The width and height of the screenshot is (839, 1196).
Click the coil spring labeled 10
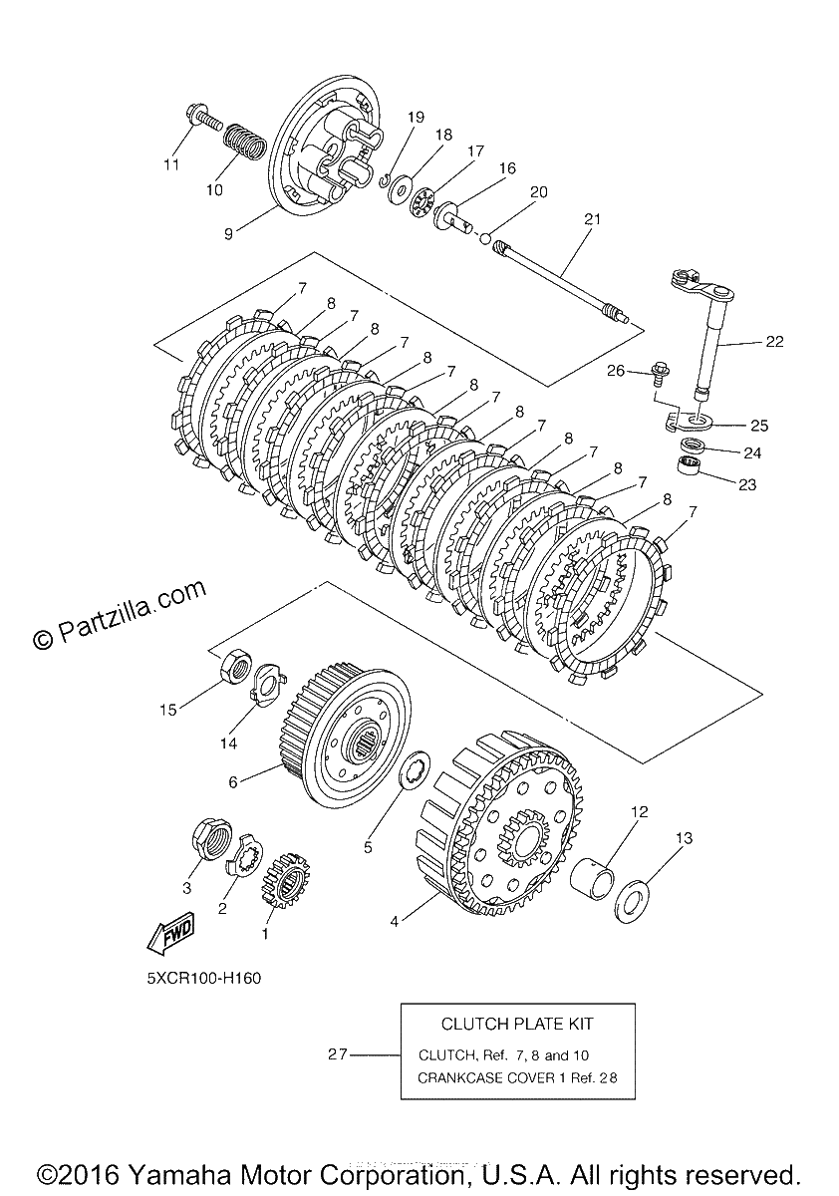coord(243,141)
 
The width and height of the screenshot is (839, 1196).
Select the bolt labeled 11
coord(204,120)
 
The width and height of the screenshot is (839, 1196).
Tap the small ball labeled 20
coord(484,237)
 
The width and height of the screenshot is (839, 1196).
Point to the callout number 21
coord(593,219)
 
